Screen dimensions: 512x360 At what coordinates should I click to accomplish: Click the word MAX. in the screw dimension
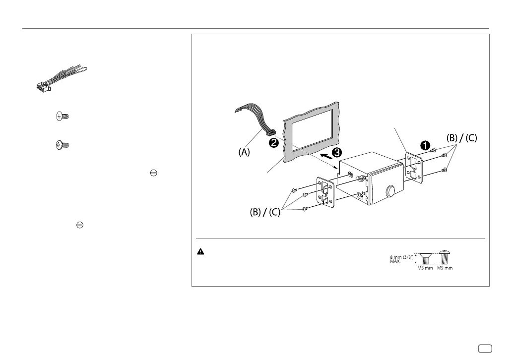pyautogui.click(x=395, y=261)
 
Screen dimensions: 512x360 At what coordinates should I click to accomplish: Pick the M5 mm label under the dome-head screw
pyautogui.click(x=445, y=268)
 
